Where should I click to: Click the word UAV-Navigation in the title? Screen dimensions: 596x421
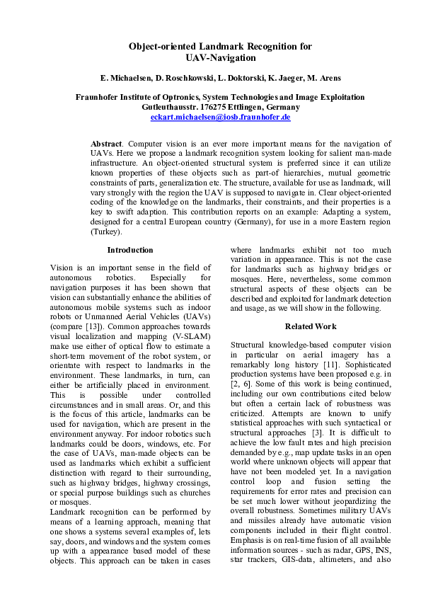[220, 58]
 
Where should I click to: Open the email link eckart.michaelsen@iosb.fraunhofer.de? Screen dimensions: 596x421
[220, 118]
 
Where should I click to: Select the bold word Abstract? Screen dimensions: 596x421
[108, 144]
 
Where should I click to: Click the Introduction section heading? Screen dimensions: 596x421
[130, 250]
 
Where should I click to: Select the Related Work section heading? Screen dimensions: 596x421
[311, 326]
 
